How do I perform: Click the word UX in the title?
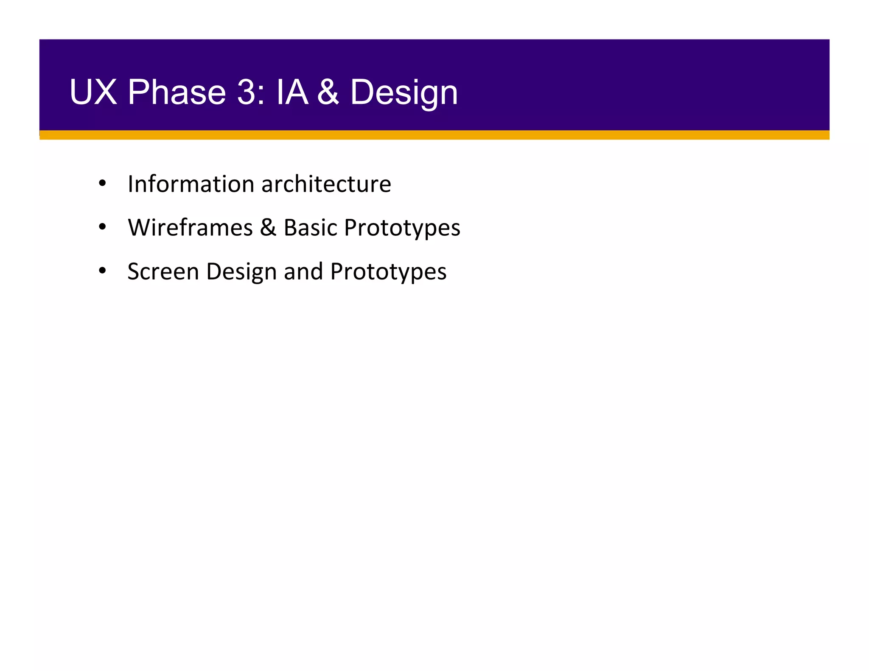click(x=93, y=92)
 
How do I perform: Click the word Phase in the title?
click(x=177, y=92)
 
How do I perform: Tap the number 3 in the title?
click(x=247, y=92)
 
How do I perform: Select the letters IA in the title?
click(x=292, y=92)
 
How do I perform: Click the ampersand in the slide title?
click(x=328, y=92)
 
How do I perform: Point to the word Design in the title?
click(x=404, y=93)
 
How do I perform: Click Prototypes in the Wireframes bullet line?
click(x=402, y=229)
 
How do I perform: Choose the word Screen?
click(x=163, y=271)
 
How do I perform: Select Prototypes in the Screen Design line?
click(x=388, y=273)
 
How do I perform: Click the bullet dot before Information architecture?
click(x=102, y=184)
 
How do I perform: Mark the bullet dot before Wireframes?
click(x=102, y=227)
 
